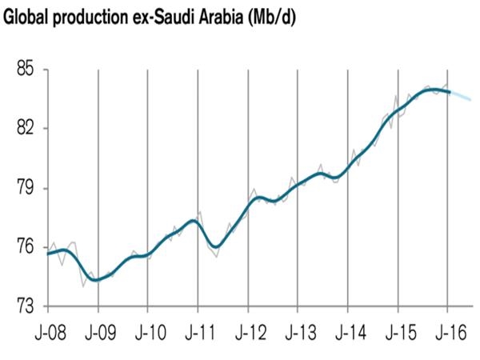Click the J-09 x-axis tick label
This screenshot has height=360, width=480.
(x=98, y=331)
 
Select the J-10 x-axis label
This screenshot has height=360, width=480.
(x=148, y=331)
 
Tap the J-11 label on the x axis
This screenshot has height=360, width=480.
(x=198, y=331)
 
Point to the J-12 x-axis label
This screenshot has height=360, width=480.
(x=248, y=331)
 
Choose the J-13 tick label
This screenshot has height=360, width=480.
(x=298, y=331)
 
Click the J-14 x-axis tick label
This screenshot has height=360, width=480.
(x=348, y=331)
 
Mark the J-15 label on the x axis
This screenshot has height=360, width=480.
(x=398, y=331)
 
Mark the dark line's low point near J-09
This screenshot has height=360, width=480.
(x=95, y=280)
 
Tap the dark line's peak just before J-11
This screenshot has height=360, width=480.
(x=193, y=220)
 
